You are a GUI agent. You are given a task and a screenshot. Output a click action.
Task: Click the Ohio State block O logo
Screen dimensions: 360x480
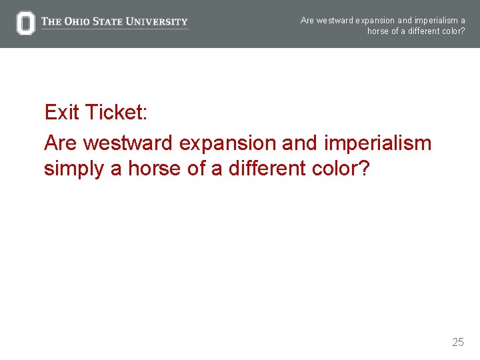[25, 23]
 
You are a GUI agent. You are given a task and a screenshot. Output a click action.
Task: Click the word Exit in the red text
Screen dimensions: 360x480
[62, 113]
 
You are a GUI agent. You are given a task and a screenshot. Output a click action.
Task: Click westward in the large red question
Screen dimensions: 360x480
[127, 143]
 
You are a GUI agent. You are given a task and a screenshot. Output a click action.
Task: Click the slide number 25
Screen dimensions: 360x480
[458, 343]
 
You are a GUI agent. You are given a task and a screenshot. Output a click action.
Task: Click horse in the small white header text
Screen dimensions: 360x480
[378, 31]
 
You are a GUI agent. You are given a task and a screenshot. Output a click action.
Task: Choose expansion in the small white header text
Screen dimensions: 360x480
[377, 21]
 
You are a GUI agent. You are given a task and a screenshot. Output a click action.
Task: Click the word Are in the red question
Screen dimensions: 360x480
[61, 143]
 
